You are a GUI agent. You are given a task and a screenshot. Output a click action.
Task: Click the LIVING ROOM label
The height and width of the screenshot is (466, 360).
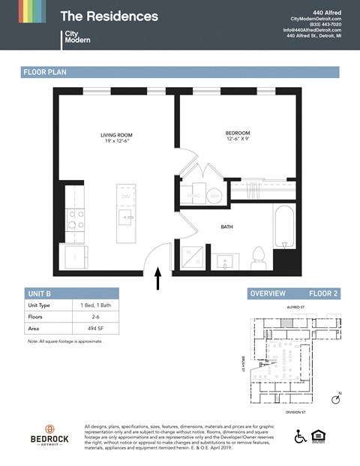point(118,136)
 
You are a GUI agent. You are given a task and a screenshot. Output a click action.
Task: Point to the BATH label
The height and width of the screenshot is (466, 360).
point(226,226)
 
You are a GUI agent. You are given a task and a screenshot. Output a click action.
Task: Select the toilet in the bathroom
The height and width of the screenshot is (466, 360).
point(259,258)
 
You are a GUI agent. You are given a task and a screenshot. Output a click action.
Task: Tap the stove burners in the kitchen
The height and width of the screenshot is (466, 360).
point(76,220)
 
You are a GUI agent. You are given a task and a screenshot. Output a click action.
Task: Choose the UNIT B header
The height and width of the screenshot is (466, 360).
point(39,293)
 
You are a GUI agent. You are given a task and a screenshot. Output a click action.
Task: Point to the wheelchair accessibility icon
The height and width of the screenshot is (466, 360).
point(301,436)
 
